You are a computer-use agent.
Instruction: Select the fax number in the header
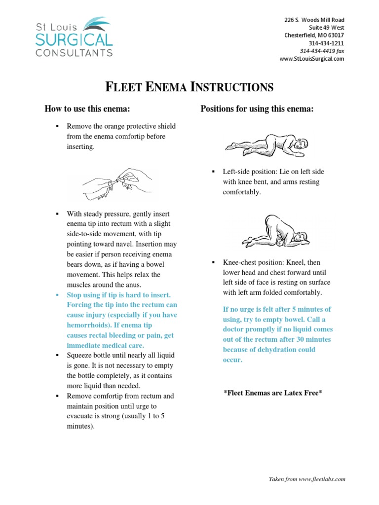322,51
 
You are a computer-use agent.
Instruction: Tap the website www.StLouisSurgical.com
312,59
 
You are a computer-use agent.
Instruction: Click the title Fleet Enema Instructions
189,88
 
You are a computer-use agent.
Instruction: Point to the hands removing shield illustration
116,182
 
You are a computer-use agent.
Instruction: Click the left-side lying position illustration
266,144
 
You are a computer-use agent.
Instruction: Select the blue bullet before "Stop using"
57,295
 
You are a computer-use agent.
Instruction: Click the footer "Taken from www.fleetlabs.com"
306,479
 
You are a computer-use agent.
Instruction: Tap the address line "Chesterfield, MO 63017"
314,36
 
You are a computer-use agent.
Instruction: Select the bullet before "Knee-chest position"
213,262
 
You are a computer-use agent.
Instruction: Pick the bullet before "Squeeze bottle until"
57,356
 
